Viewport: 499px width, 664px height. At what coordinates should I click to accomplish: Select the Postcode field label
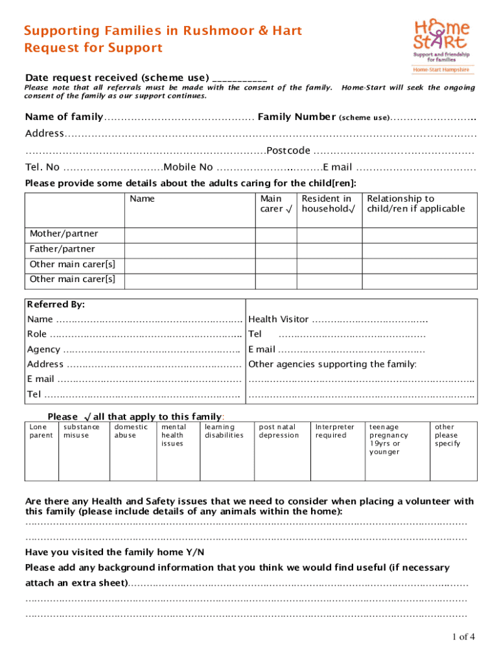click(288, 151)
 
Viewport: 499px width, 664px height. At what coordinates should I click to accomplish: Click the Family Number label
click(297, 117)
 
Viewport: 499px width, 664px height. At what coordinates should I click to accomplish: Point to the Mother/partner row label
click(64, 233)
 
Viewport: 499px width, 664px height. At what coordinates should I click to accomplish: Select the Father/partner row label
click(62, 249)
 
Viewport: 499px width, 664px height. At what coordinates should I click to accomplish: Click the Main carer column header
click(271, 204)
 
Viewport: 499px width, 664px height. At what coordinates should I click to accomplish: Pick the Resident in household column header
click(328, 204)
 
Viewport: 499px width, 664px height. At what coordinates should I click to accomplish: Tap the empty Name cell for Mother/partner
click(191, 233)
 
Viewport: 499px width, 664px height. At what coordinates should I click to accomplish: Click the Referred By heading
click(56, 304)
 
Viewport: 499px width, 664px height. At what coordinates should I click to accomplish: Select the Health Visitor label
click(279, 319)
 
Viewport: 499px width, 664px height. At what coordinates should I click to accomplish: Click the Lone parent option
click(41, 431)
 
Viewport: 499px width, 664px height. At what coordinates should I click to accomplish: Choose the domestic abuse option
click(131, 431)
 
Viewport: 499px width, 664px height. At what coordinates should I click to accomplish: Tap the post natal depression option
click(279, 431)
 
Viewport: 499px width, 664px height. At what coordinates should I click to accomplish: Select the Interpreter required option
click(334, 431)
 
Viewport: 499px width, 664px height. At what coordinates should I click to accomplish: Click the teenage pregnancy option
click(389, 439)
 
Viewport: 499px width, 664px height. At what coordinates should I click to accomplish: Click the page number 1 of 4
click(463, 637)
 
